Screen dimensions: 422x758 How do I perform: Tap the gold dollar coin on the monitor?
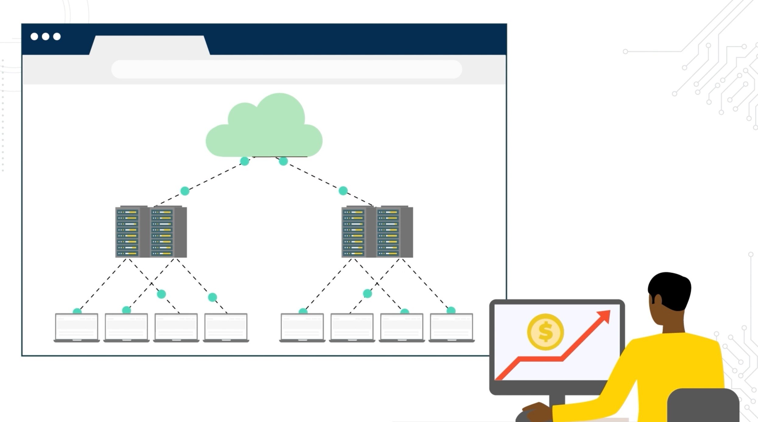tap(545, 332)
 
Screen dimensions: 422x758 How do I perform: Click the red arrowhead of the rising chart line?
tap(605, 316)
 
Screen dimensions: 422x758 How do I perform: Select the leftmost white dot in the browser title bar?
tap(34, 37)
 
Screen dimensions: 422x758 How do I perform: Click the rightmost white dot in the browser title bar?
tap(57, 37)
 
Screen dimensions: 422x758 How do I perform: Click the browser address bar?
tap(286, 69)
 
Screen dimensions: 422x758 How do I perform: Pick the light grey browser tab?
tap(149, 45)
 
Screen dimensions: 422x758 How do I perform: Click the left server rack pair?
tap(151, 232)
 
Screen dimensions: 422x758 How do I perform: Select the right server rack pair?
tap(377, 232)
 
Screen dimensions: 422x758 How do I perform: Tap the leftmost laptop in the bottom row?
tap(77, 327)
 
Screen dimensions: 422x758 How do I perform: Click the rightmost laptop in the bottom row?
tap(451, 327)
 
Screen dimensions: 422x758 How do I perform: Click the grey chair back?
tap(703, 406)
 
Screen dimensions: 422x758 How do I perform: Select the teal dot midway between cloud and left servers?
tap(185, 191)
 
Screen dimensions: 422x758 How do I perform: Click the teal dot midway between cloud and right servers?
tap(343, 191)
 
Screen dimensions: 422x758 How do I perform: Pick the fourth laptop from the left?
tap(226, 327)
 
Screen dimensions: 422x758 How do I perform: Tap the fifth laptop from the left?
tap(302, 327)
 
